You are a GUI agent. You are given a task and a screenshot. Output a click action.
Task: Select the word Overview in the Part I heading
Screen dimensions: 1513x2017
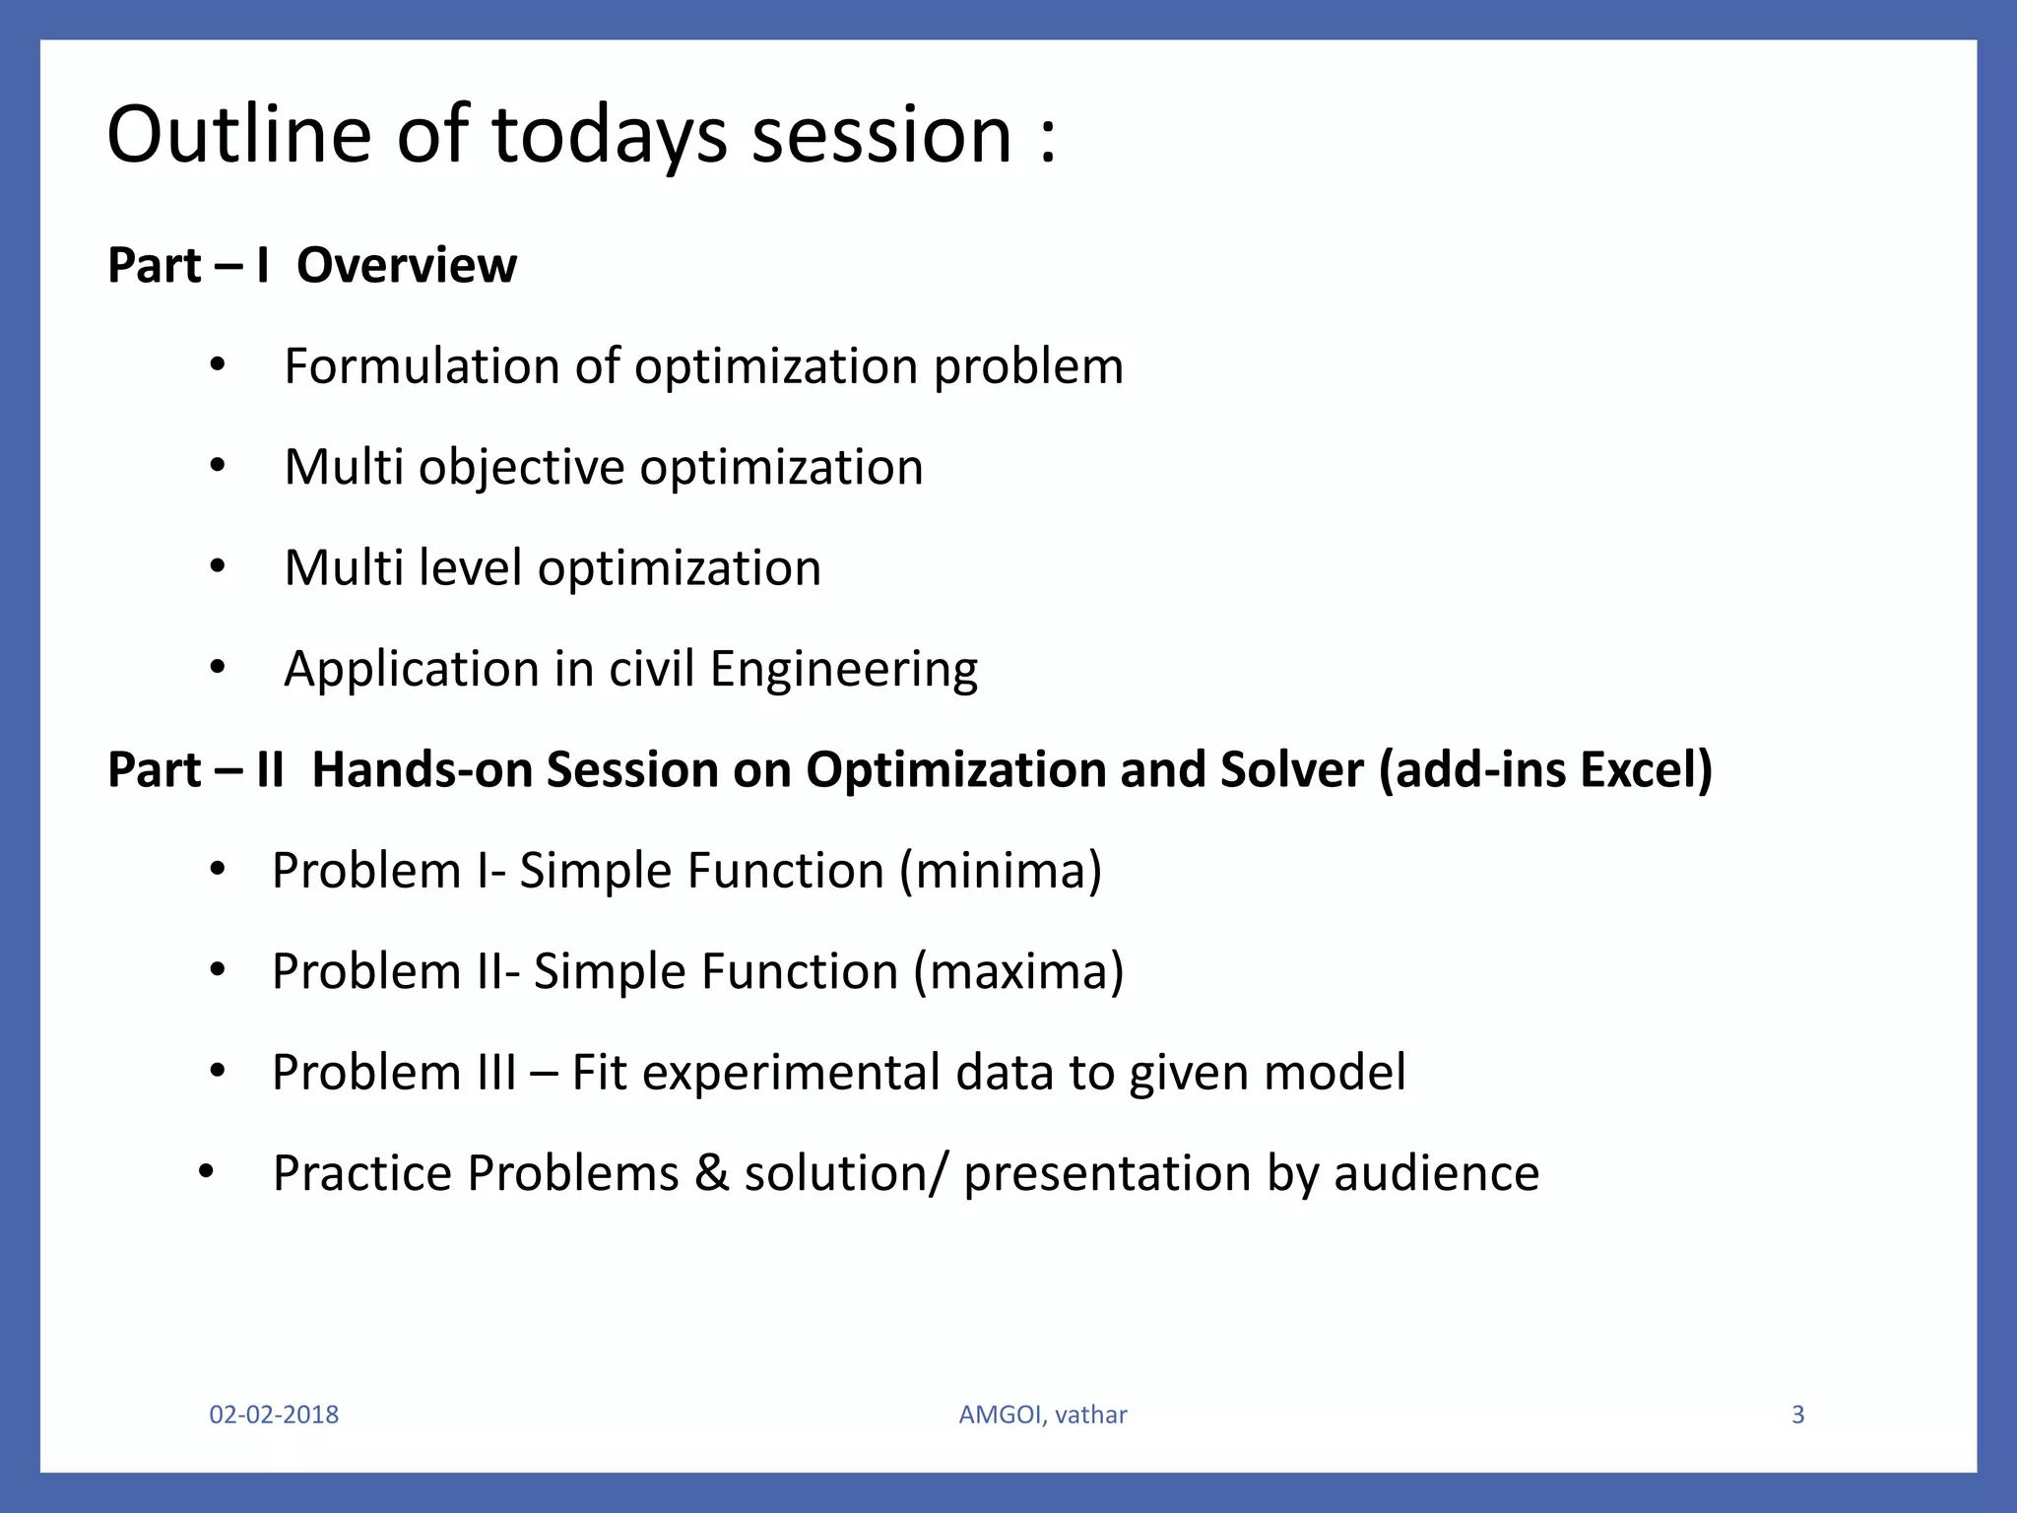(x=406, y=266)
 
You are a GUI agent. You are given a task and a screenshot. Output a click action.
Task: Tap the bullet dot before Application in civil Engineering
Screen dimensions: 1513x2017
(x=218, y=669)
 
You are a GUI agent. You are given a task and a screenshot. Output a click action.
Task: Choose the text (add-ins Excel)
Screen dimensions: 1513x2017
(x=1545, y=770)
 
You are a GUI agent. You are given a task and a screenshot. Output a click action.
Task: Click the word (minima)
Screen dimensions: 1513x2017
(x=1000, y=871)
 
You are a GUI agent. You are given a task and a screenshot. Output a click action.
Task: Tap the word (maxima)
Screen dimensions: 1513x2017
(x=1018, y=972)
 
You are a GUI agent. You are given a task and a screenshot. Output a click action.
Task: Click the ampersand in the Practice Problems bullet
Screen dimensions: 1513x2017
(x=711, y=1174)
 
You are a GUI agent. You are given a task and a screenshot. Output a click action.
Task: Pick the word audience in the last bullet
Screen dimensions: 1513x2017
(x=1436, y=1174)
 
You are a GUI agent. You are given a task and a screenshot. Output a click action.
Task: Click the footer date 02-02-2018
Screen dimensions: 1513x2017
(x=274, y=1414)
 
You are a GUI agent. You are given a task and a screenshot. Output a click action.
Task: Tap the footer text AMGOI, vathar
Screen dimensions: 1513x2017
(x=1043, y=1414)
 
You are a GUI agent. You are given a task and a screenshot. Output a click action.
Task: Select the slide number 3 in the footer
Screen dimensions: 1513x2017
(x=1797, y=1414)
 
